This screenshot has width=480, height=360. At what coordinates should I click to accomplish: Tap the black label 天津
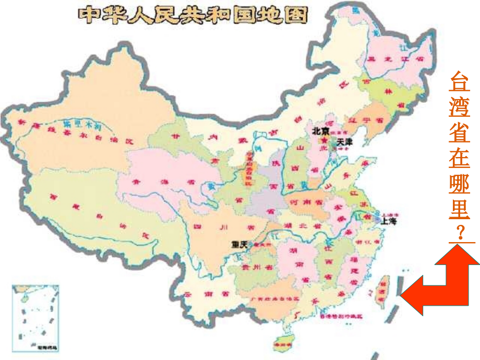[344, 141]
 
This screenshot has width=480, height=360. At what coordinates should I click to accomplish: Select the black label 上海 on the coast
[389, 221]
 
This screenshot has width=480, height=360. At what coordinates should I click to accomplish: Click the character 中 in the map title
[88, 14]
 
